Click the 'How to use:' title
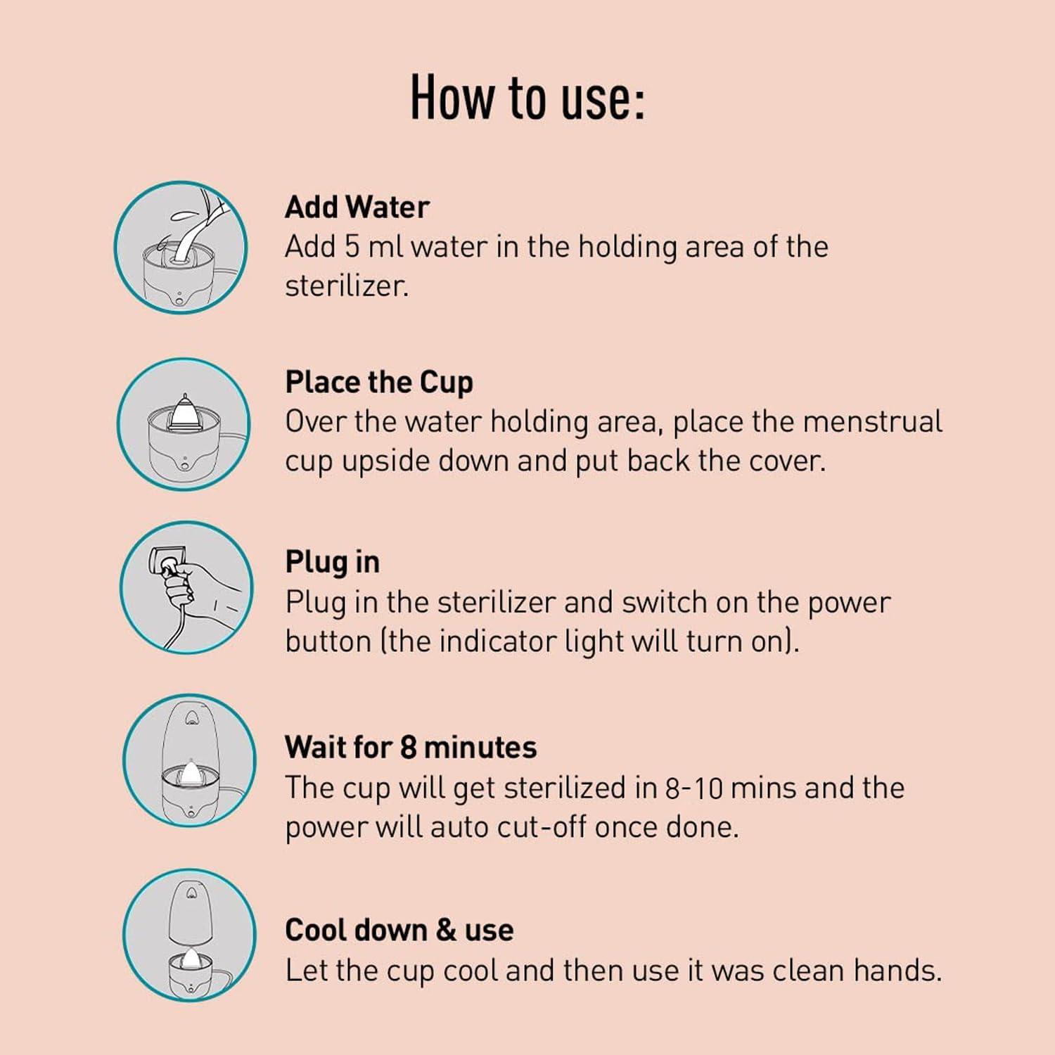(x=527, y=98)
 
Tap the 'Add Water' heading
(x=357, y=207)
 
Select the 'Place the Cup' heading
(x=379, y=383)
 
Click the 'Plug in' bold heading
(x=332, y=562)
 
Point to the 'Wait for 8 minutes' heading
(x=411, y=747)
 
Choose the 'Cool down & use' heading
(x=399, y=930)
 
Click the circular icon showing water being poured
(x=181, y=248)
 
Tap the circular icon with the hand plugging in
(x=186, y=587)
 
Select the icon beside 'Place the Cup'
(x=184, y=424)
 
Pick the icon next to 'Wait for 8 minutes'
(x=189, y=760)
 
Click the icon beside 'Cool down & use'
(x=189, y=935)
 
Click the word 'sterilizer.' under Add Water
(x=347, y=286)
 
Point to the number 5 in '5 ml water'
(x=352, y=247)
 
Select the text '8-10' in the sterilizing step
(x=693, y=788)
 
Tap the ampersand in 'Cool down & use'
(x=446, y=930)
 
